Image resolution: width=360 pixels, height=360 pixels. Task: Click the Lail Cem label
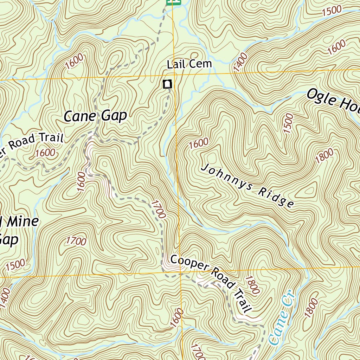[189, 64]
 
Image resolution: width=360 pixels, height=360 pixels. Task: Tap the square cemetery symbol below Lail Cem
[167, 84]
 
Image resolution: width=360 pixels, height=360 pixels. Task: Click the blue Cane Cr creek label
[282, 317]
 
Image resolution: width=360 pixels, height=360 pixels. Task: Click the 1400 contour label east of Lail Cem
[240, 63]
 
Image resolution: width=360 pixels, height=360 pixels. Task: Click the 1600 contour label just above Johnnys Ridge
[198, 143]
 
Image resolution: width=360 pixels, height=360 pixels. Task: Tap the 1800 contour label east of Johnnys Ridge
[324, 156]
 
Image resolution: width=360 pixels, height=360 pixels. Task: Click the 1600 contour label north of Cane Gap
[74, 61]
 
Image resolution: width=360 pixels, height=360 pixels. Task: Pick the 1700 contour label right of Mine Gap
[76, 241]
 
